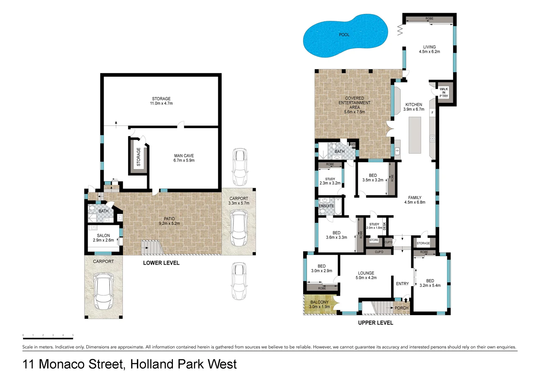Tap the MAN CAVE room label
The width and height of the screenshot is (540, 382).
184,156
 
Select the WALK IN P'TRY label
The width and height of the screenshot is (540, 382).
443,93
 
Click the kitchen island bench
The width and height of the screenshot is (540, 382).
415,135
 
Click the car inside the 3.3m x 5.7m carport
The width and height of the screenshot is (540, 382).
239,228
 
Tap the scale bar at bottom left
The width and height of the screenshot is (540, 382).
48,338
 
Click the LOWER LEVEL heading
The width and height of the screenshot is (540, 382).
161,263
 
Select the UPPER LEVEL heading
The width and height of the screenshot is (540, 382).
376,323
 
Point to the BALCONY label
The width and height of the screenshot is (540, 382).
319,302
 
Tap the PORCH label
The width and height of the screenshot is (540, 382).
401,308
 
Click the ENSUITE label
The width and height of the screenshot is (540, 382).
326,206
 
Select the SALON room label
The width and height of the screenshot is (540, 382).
103,236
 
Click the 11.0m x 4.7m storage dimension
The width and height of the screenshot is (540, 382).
161,104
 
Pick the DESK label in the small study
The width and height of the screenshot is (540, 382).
385,226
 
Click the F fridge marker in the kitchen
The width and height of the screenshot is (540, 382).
432,112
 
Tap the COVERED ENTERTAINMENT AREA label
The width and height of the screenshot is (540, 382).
354,103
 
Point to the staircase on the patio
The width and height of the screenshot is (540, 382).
151,247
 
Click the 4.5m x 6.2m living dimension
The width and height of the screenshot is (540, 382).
429,52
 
